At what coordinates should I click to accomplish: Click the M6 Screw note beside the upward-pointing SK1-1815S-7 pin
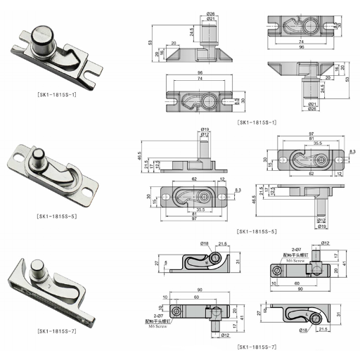295,259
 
